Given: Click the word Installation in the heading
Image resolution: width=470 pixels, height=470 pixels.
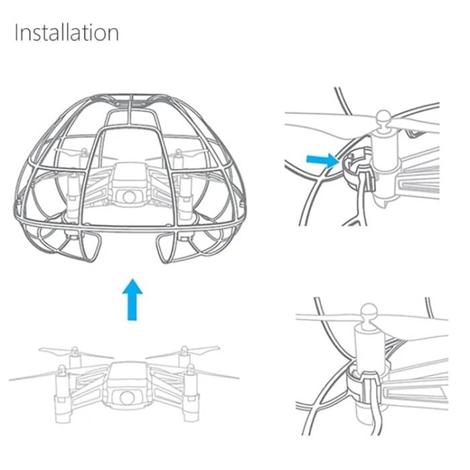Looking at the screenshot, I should click(x=66, y=33).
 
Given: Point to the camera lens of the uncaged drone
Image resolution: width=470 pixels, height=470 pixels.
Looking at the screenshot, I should click(x=126, y=396).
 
